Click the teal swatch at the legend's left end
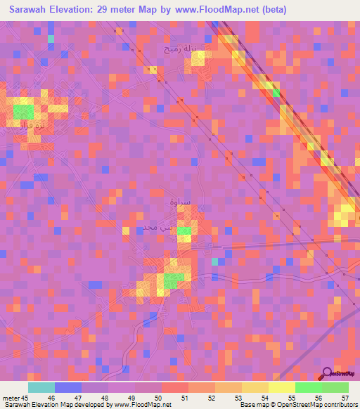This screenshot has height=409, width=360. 41,387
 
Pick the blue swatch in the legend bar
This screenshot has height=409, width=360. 67,387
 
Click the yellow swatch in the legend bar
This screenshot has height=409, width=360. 281,387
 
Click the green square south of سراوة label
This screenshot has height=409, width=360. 184,231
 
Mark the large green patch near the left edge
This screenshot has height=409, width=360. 23,111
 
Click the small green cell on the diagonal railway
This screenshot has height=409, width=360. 276,92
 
